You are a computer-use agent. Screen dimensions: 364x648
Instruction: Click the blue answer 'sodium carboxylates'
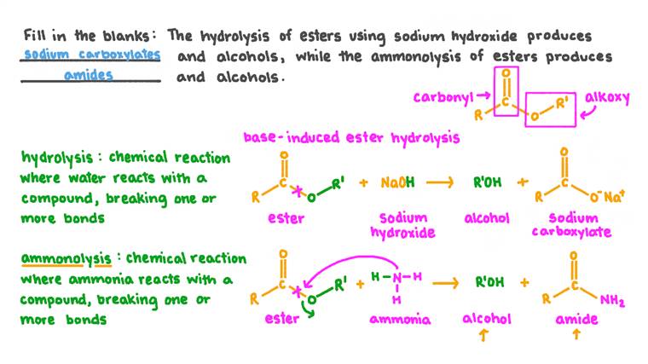point(92,55)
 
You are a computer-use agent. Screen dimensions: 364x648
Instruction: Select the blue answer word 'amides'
point(89,76)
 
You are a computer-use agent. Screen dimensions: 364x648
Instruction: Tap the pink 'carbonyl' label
point(443,96)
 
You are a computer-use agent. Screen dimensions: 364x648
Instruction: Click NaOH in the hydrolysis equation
point(398,182)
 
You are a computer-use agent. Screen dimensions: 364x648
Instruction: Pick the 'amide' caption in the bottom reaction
point(577,319)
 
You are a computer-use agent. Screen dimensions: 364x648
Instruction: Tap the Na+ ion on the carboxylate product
point(615,198)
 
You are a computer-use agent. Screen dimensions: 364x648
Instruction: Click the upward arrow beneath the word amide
point(577,338)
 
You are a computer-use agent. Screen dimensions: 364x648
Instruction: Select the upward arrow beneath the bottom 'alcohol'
point(486,338)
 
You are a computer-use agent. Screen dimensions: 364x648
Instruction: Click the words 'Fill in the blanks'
point(87,36)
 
